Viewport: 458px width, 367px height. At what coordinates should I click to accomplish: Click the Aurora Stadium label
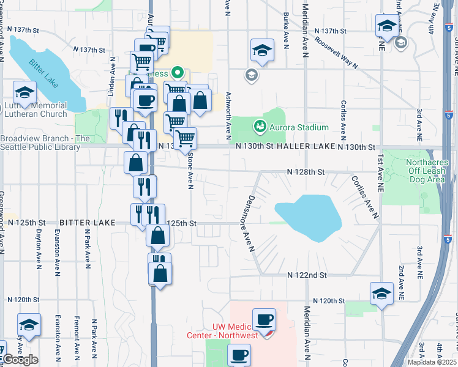point(299,127)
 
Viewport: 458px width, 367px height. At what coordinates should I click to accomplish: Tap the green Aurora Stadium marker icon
point(260,127)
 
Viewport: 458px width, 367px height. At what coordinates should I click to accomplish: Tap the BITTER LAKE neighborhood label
point(88,223)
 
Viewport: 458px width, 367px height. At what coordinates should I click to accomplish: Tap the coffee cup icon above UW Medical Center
point(264,320)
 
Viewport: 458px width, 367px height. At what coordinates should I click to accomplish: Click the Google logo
point(20,360)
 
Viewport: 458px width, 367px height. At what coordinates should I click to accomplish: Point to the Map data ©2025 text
point(432,362)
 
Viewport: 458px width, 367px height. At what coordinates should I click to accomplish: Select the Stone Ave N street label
point(190,171)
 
